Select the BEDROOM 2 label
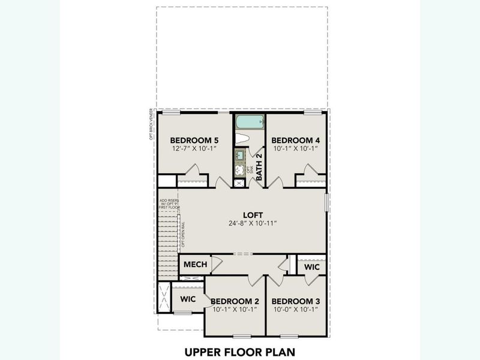(x=235, y=301)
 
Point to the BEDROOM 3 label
(x=294, y=301)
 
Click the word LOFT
(x=253, y=214)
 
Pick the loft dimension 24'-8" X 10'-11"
(x=253, y=224)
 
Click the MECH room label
(x=195, y=265)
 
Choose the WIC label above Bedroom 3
(x=312, y=266)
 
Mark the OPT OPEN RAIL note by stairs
(x=182, y=235)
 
